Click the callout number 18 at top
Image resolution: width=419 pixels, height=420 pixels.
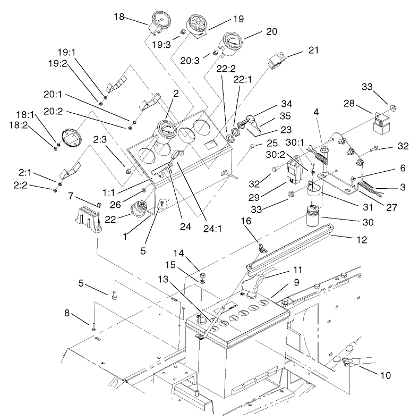[119, 17]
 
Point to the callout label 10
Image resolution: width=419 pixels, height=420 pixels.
[386, 375]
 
